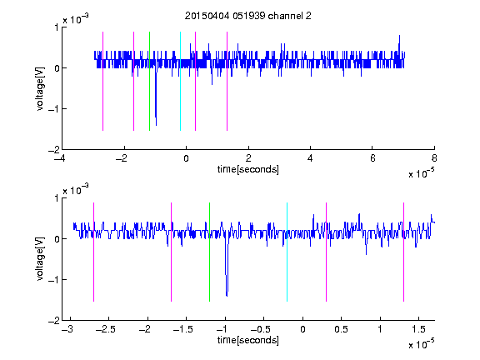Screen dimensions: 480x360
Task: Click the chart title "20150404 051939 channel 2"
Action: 248,16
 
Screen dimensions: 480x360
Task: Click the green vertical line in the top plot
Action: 149,81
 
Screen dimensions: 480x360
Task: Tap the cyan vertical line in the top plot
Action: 180,81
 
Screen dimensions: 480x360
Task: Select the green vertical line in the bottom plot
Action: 209,252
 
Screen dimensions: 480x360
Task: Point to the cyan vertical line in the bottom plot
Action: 287,252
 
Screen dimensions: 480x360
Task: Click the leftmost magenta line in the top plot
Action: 102,81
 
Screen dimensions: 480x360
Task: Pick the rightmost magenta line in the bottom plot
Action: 403,252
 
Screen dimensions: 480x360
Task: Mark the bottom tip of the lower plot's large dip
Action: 227,296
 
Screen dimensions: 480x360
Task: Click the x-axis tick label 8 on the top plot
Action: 434,158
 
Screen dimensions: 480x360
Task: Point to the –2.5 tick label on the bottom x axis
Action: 106,329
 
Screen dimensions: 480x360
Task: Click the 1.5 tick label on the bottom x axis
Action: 418,329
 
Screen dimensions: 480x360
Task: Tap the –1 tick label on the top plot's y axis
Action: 53,108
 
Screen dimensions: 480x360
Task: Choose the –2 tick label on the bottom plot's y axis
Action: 53,321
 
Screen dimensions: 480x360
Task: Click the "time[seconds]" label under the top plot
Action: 248,169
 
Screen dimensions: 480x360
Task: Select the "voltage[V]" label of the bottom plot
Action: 40,259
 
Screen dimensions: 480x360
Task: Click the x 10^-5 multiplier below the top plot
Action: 421,173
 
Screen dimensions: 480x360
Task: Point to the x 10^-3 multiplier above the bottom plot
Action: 76,190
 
